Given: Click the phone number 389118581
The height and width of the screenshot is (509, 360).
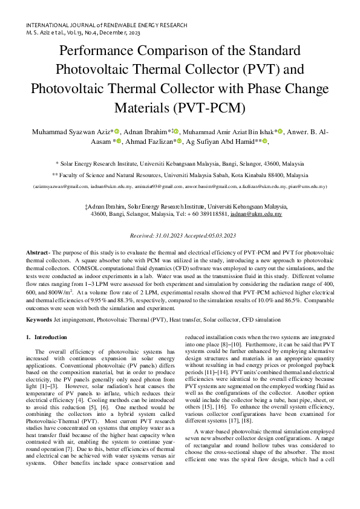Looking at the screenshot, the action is [x=212, y=214].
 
